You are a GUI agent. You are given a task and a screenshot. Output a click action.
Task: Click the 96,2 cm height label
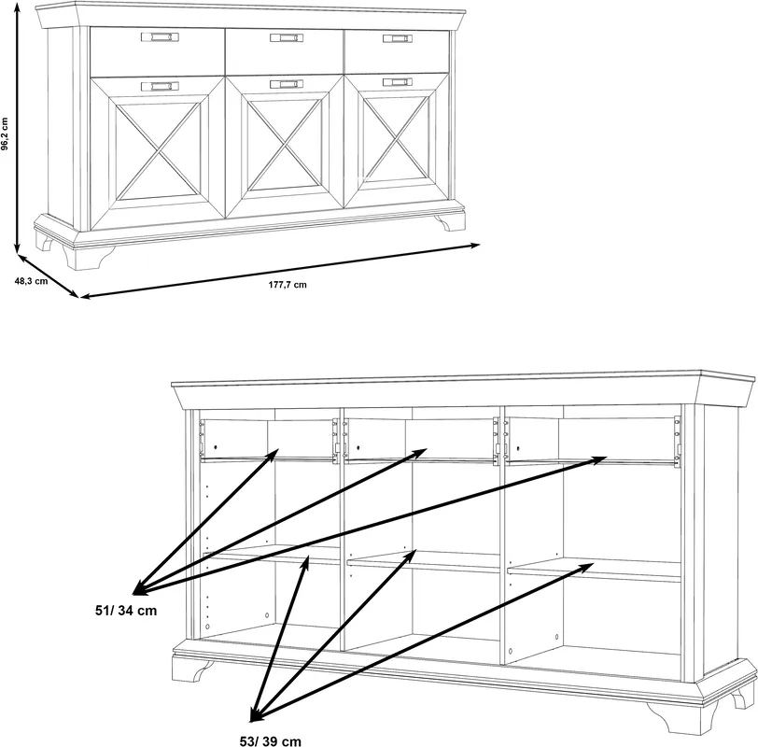[5, 134]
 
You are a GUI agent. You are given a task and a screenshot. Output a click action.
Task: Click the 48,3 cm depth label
[31, 281]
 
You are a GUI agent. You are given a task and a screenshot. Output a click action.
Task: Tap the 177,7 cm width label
[288, 285]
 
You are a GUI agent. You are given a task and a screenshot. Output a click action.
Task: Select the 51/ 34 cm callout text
[126, 611]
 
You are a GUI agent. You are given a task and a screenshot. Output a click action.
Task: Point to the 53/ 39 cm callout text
[270, 741]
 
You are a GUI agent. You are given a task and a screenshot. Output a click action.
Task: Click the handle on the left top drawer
[160, 37]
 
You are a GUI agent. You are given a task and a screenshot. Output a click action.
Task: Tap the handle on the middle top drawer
[287, 37]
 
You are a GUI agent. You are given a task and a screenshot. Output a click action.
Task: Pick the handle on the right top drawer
[398, 38]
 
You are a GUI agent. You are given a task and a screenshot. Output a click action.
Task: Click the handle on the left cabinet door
[160, 86]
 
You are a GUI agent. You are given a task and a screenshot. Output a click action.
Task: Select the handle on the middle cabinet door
[287, 84]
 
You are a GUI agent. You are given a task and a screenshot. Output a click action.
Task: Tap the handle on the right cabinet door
[398, 82]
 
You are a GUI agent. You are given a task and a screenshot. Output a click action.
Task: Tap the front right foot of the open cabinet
[681, 715]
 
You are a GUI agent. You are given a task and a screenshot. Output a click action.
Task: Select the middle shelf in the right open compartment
[594, 570]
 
